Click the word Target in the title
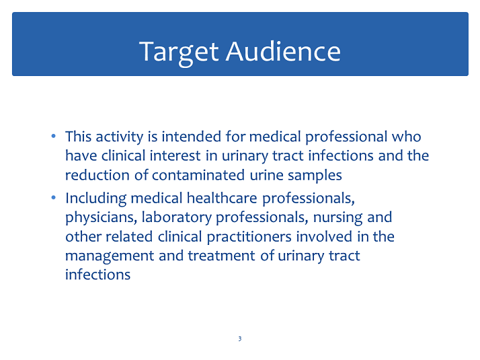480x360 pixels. pyautogui.click(x=179, y=52)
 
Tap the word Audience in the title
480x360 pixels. pyautogui.click(x=283, y=51)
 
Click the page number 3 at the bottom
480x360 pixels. pyautogui.click(x=240, y=338)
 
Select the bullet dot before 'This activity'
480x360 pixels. pyautogui.click(x=54, y=136)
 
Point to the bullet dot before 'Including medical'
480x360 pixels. pyautogui.click(x=54, y=198)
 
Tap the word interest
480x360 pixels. pyautogui.click(x=175, y=155)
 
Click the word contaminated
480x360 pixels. pyautogui.click(x=198, y=175)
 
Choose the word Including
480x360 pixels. pyautogui.click(x=96, y=199)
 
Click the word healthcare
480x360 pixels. pyautogui.click(x=222, y=199)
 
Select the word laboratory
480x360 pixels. pyautogui.click(x=177, y=218)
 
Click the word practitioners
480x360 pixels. pyautogui.click(x=249, y=238)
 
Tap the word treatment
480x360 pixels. pyautogui.click(x=221, y=256)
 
